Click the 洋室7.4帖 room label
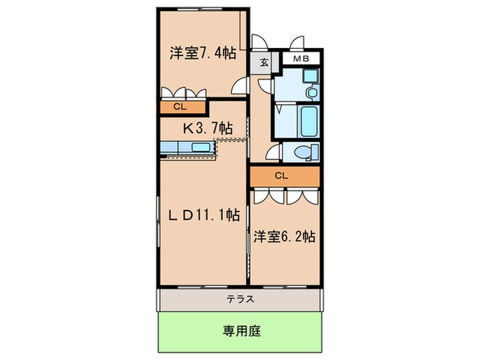coord(203,52)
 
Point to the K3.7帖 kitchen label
coord(206,128)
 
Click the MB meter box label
coord(302,60)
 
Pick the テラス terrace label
coord(241,299)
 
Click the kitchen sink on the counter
coord(201,147)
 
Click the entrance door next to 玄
coord(261,43)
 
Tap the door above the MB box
coord(297,43)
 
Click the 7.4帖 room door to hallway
coord(239,85)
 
